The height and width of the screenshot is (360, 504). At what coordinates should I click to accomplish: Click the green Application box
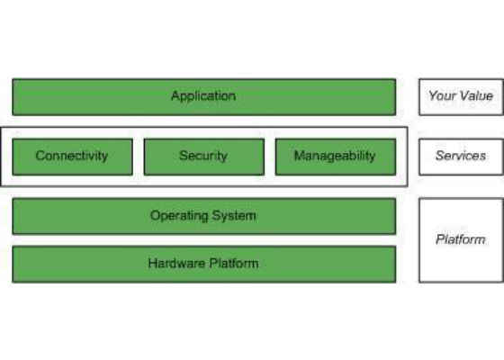click(204, 97)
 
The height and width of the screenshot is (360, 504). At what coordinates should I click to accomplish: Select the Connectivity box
click(72, 157)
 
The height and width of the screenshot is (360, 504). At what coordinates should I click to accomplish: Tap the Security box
click(204, 157)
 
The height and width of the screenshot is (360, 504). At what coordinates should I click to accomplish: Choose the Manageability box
click(336, 157)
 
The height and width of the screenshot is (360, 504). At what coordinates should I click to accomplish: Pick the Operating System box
click(204, 216)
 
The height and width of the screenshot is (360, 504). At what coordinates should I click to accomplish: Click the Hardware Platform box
click(204, 265)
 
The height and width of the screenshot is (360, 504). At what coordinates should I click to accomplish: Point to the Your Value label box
click(461, 97)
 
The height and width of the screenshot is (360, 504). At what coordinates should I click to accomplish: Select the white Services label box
click(461, 157)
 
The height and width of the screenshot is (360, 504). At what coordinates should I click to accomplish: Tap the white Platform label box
click(461, 240)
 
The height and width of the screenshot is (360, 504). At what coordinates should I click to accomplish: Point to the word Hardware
click(176, 263)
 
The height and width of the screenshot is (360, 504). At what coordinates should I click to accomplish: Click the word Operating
click(179, 216)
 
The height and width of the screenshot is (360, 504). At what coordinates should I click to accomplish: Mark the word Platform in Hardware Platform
click(234, 263)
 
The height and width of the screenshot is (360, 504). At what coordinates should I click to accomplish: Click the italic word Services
click(461, 156)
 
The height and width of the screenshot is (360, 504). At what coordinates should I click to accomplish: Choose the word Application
click(203, 96)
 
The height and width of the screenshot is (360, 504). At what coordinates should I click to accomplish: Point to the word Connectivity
click(72, 157)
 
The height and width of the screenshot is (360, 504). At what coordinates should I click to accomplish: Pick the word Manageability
click(335, 157)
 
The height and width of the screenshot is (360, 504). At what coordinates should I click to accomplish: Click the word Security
click(203, 157)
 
